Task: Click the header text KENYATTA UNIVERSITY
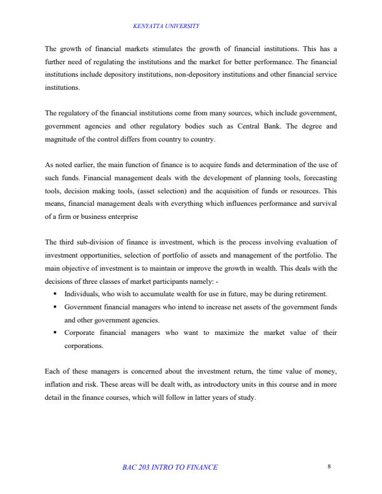(x=167, y=26)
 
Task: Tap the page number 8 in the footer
(x=328, y=467)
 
